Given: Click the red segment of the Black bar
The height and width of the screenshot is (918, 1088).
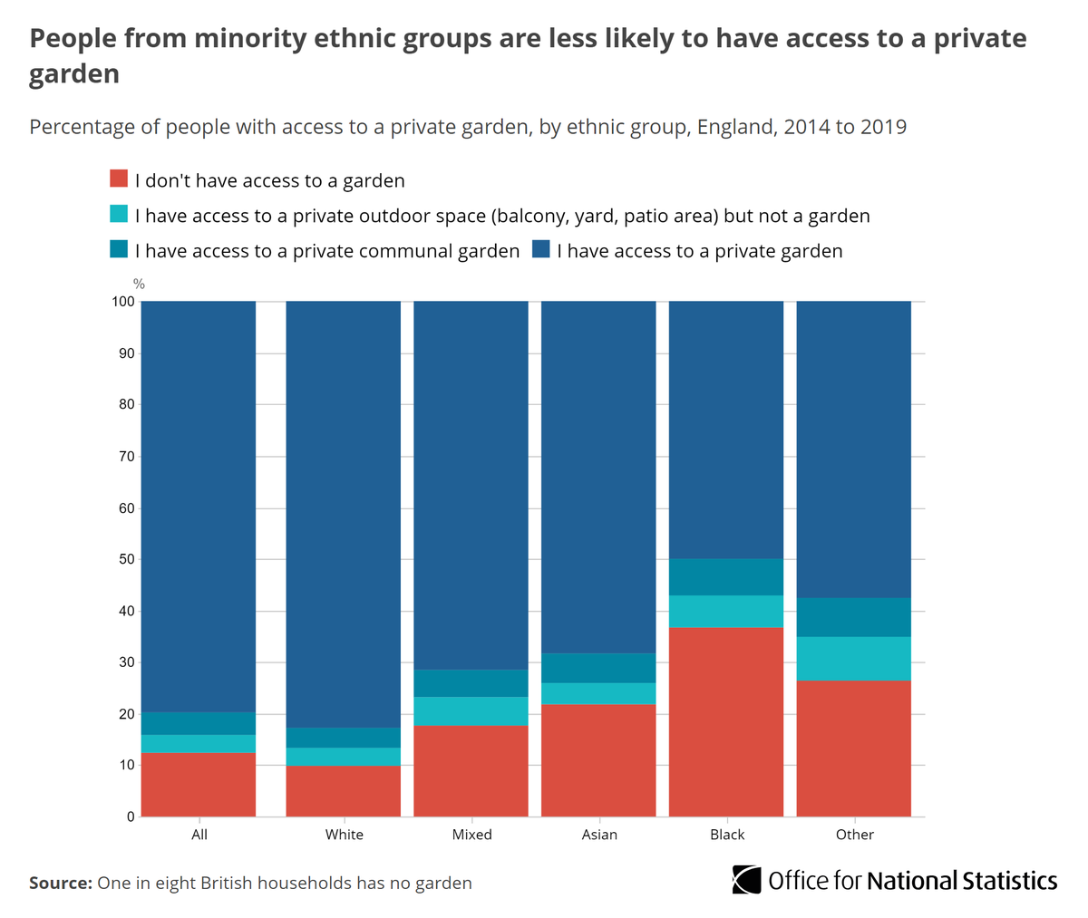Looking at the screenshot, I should [x=725, y=721].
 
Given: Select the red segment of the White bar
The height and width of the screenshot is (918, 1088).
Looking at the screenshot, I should [x=343, y=791].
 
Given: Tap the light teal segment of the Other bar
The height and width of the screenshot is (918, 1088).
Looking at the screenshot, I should [x=853, y=659].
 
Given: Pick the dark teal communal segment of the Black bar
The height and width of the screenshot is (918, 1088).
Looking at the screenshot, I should [x=725, y=577].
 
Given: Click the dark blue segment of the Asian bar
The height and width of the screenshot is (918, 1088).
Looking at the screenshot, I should [x=598, y=477].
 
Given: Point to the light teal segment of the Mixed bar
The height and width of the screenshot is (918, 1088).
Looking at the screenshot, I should [x=471, y=710].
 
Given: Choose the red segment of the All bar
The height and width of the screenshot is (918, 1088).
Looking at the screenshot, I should [x=199, y=785].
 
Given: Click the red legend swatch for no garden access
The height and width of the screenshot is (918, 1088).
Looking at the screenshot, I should [x=118, y=179].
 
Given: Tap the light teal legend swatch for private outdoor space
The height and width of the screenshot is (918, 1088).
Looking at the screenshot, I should [x=118, y=215].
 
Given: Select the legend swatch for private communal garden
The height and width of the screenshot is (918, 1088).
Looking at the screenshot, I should [x=118, y=250].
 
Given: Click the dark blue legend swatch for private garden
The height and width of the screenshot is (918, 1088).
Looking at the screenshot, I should [x=541, y=250].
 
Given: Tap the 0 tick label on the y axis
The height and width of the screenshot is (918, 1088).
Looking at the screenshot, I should [x=131, y=817].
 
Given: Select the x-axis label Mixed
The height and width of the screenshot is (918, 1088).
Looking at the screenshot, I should [x=471, y=835].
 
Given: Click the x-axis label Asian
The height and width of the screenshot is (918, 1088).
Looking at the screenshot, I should [x=599, y=835].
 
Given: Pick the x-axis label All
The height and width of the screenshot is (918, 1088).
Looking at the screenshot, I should [x=199, y=835].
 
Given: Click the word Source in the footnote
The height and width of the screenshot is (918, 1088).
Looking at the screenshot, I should [x=60, y=883].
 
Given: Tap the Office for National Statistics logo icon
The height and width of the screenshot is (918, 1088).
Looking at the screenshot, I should [x=746, y=880].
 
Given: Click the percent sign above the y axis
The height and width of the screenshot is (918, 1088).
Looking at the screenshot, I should [x=139, y=285].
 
